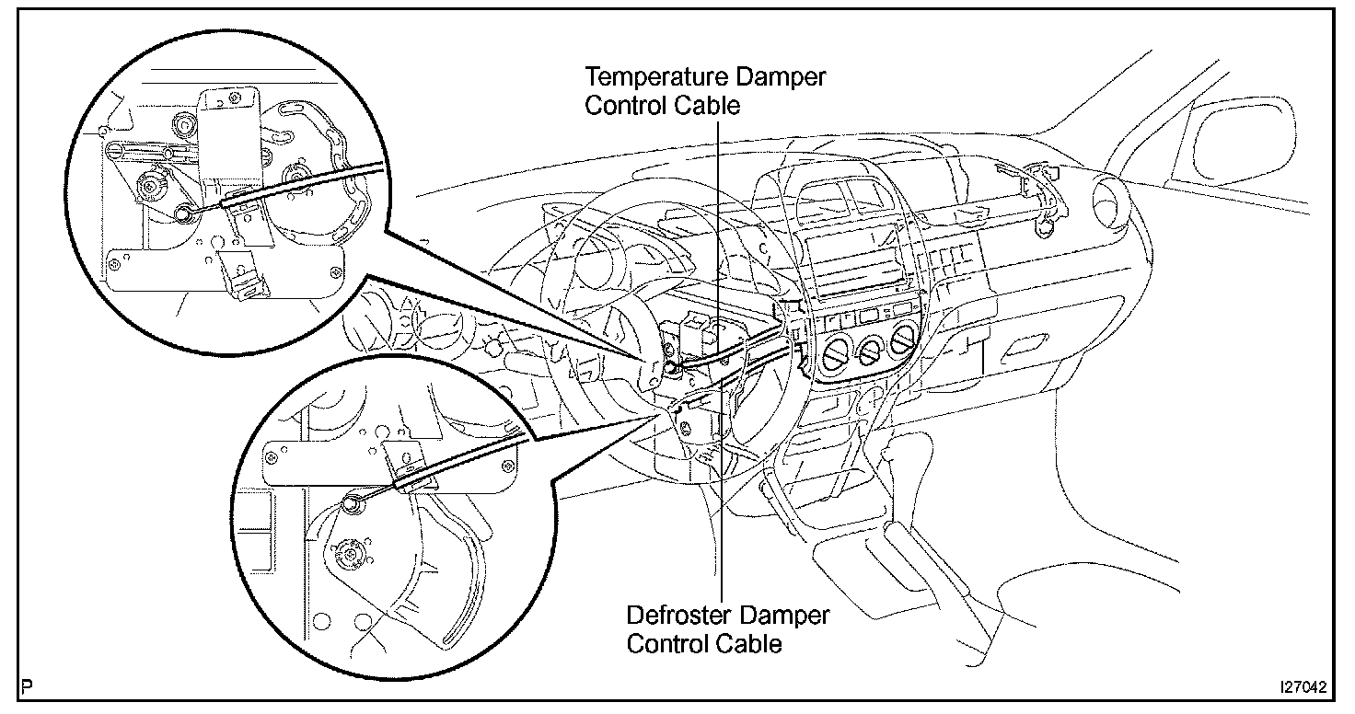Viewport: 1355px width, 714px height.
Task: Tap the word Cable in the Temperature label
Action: coord(710,105)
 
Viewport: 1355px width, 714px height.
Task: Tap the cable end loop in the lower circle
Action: coord(351,502)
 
